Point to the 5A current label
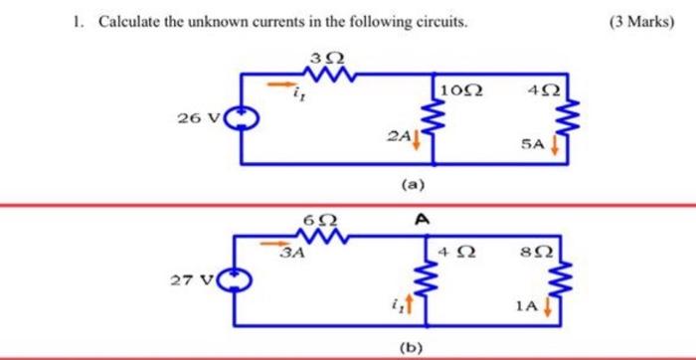tap(533, 145)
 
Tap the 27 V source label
tap(189, 280)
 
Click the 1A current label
tap(528, 309)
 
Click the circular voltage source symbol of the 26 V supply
tap(242, 119)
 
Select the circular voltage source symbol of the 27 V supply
tap(233, 281)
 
